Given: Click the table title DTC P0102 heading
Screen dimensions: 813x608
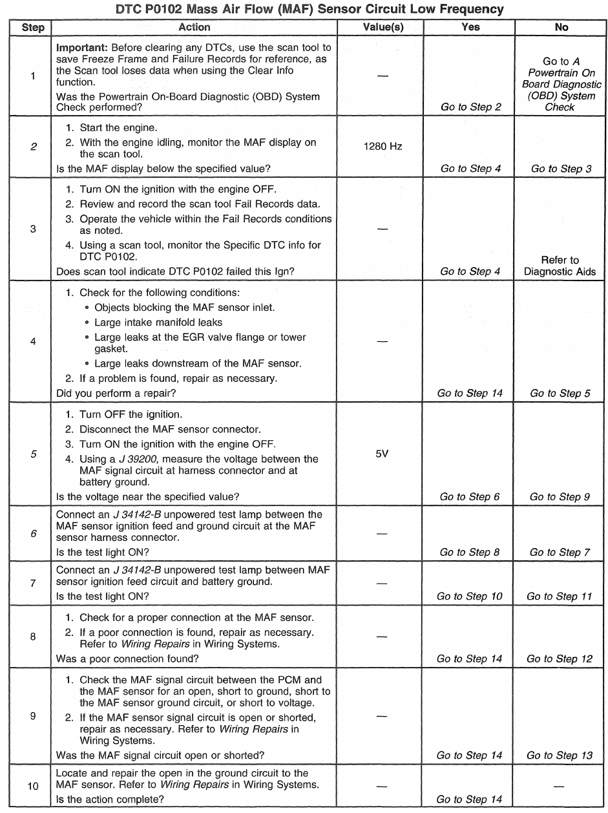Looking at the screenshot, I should (x=304, y=9).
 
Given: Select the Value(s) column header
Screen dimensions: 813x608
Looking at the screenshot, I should (x=383, y=27).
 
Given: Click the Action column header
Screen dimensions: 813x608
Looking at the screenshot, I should (x=194, y=27).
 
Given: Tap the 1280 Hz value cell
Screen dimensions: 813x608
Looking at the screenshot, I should (x=383, y=147).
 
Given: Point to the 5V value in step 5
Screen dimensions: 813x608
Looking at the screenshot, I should (x=382, y=454).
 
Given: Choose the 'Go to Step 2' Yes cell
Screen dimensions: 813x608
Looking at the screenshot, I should (x=471, y=107).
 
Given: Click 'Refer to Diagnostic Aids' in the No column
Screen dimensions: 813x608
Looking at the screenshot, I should (x=560, y=266).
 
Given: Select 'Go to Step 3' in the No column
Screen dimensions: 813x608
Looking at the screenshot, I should (x=561, y=169).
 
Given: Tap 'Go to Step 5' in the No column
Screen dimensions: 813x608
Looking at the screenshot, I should (x=560, y=393).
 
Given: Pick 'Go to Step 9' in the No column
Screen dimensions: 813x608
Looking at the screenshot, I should (x=560, y=497).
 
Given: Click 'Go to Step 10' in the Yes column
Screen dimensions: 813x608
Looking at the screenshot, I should (x=470, y=596).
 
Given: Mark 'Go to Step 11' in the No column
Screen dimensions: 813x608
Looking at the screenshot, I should (x=560, y=596).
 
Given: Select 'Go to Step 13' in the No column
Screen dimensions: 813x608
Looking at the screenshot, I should (x=560, y=755).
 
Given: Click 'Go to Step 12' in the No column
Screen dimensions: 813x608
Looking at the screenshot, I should (x=560, y=659).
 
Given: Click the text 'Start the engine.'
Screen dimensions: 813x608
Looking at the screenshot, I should (x=120, y=128).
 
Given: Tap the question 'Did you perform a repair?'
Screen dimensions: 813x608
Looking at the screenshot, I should (x=117, y=393).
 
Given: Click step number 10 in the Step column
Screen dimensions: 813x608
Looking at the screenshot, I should (x=32, y=787).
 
